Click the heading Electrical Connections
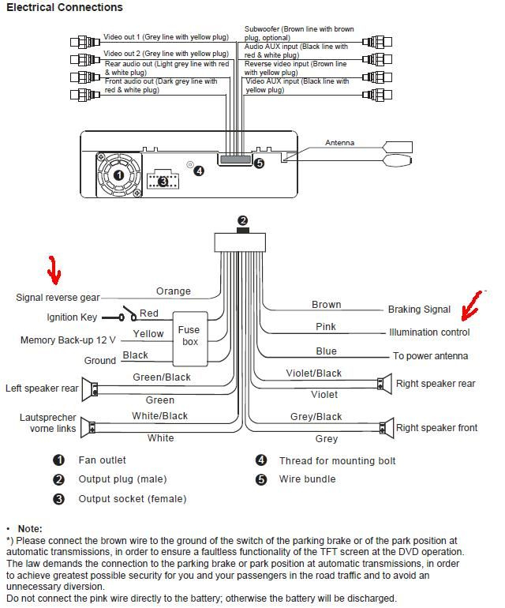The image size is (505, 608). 65,8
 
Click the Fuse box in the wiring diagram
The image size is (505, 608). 189,336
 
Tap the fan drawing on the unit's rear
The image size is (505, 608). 118,175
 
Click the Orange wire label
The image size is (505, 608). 173,291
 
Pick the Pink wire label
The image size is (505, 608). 325,327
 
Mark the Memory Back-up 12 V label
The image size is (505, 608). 68,340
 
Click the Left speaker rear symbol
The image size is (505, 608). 93,388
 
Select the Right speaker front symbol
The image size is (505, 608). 387,428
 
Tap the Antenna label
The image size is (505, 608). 339,143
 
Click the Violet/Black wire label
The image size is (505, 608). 313,373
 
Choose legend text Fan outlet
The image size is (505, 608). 102,460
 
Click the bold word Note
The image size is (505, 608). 29,528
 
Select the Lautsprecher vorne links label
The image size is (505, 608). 48,422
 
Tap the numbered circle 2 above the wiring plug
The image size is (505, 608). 243,220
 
